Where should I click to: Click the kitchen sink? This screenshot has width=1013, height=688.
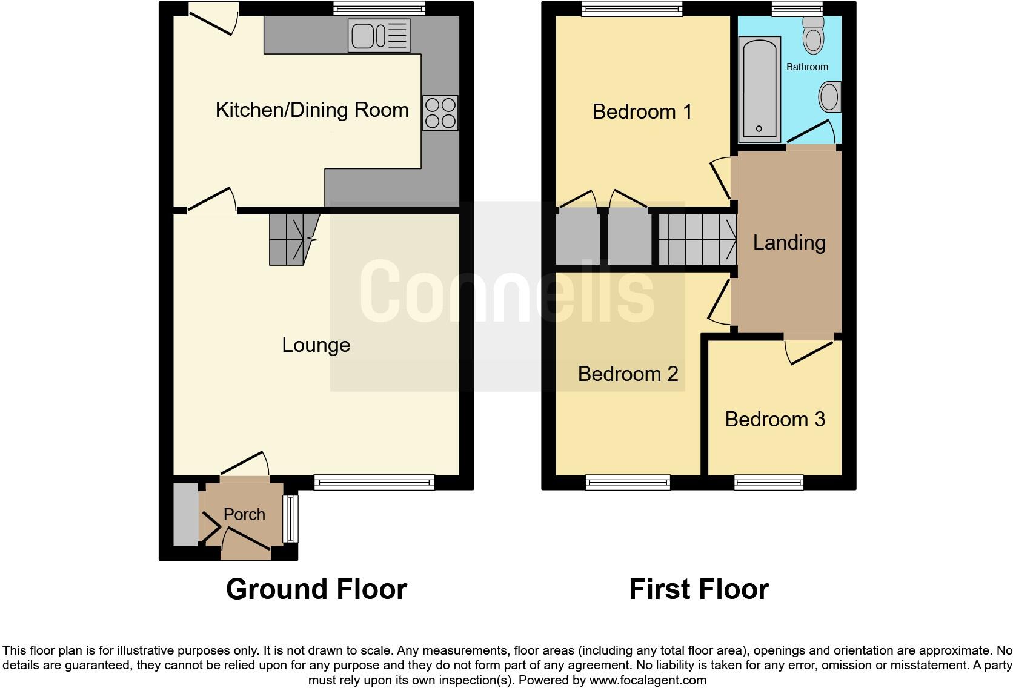click(379, 35)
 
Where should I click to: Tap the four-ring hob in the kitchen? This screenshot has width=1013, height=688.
click(440, 113)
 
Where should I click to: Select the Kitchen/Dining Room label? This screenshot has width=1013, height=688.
click(312, 110)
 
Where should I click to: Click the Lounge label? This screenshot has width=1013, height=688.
click(316, 345)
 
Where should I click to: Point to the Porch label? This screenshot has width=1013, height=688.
click(244, 515)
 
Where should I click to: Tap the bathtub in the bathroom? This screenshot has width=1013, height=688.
click(759, 88)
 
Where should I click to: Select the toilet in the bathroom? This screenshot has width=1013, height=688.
click(813, 35)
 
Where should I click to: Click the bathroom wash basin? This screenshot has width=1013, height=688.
click(830, 97)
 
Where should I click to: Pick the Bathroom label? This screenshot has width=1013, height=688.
click(807, 67)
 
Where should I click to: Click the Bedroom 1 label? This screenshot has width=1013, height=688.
click(642, 112)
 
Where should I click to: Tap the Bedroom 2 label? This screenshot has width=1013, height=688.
click(628, 374)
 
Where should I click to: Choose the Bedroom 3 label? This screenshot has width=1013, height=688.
click(775, 419)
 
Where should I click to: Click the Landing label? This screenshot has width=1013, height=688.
click(789, 243)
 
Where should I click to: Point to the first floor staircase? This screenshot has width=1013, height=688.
click(697, 239)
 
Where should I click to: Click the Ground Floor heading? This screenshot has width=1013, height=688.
click(316, 589)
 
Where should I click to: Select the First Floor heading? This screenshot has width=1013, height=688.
click(699, 589)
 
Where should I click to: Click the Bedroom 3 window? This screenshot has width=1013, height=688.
click(768, 482)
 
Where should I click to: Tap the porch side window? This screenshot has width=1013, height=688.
click(291, 518)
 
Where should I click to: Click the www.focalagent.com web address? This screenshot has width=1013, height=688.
click(648, 680)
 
